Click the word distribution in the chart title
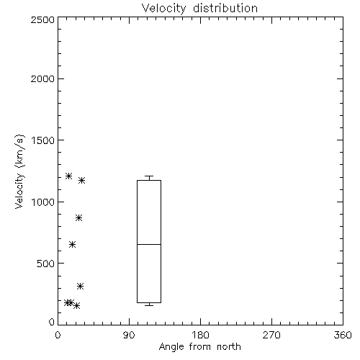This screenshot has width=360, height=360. coord(225,8)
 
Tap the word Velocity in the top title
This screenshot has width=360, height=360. coord(163,9)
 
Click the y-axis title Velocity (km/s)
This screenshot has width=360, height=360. coord(19,171)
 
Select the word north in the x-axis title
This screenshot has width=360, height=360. coord(229,346)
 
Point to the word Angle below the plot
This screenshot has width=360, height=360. coord(171,347)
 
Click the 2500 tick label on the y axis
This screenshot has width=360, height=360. coord(42,19)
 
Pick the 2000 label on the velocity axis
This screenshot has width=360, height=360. coord(42,78)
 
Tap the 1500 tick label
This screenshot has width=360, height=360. coord(43,140)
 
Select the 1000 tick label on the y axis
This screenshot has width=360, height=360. coord(43,202)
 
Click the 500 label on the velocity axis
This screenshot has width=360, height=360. coord(46,264)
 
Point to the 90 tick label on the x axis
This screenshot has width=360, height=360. coord(129,335)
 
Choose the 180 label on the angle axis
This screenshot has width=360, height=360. coord(200,335)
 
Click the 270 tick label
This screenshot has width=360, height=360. coord(271,335)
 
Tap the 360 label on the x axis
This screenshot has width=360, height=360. coord(343,335)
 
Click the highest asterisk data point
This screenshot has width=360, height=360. coord(68,176)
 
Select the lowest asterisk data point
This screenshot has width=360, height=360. coord(76,305)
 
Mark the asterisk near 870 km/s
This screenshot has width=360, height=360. coord(78,218)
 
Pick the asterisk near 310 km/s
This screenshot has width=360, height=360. coord(80,286)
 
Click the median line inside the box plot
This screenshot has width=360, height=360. coord(149,244)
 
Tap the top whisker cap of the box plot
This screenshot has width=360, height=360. coord(149,176)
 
